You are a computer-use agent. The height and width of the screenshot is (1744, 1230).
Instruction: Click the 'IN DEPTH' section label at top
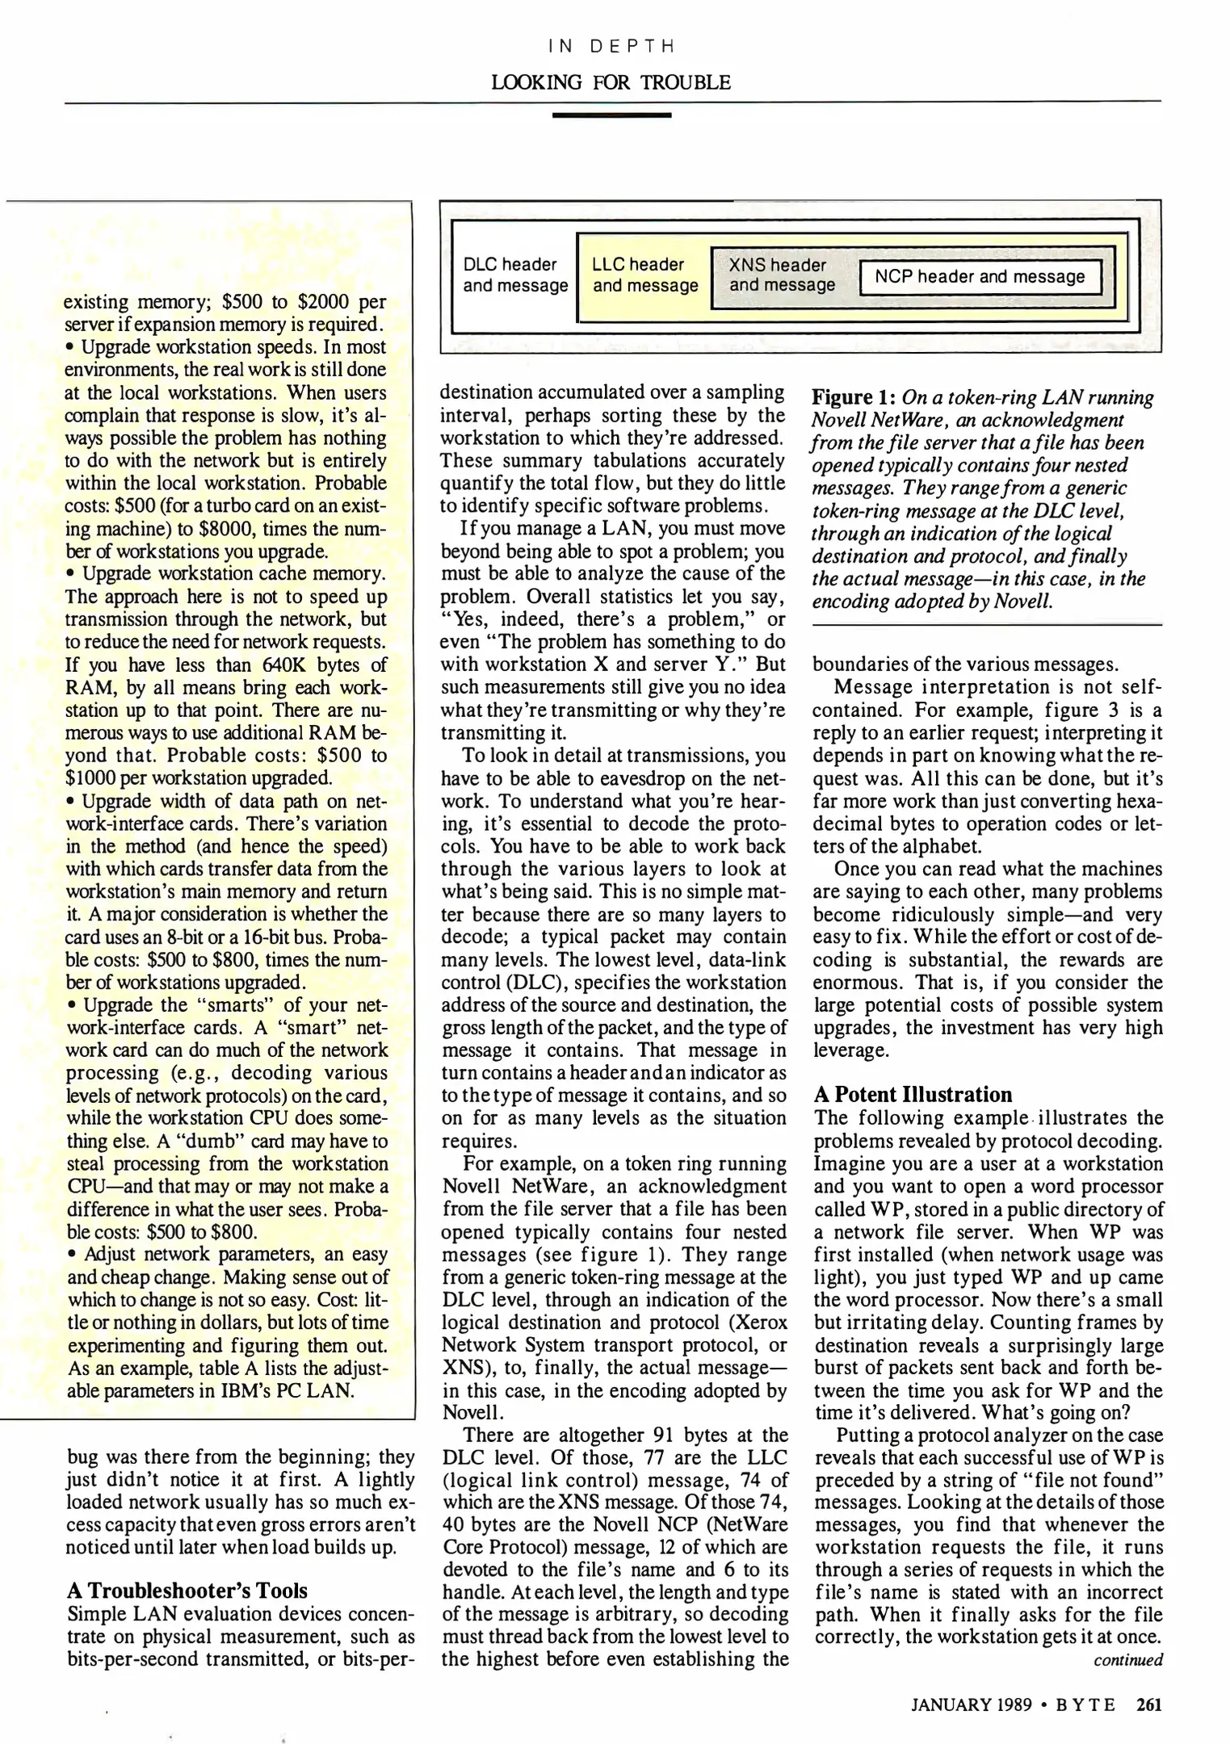coord(611,47)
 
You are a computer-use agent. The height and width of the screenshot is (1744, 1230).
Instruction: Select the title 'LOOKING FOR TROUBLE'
coord(611,82)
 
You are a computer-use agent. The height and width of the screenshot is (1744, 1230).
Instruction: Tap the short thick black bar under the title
coord(611,115)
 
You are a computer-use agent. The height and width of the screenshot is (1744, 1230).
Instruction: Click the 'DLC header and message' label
coord(514,275)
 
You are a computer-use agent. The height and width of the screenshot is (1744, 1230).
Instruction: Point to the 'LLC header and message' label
coord(644,275)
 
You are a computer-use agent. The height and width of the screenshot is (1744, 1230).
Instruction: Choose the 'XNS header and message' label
coord(781,275)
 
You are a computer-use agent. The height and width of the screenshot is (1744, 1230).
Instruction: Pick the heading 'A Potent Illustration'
coord(912,1094)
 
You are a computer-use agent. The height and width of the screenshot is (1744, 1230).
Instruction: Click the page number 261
coord(1148,1704)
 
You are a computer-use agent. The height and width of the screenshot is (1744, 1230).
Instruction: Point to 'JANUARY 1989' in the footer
coord(972,1705)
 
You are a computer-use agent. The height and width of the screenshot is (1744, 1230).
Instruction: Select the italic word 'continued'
coord(1127,1660)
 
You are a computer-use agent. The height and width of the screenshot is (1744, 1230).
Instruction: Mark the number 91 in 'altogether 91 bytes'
coord(665,1435)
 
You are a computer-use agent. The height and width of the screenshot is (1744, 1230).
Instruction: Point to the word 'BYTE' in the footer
coord(1086,1705)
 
